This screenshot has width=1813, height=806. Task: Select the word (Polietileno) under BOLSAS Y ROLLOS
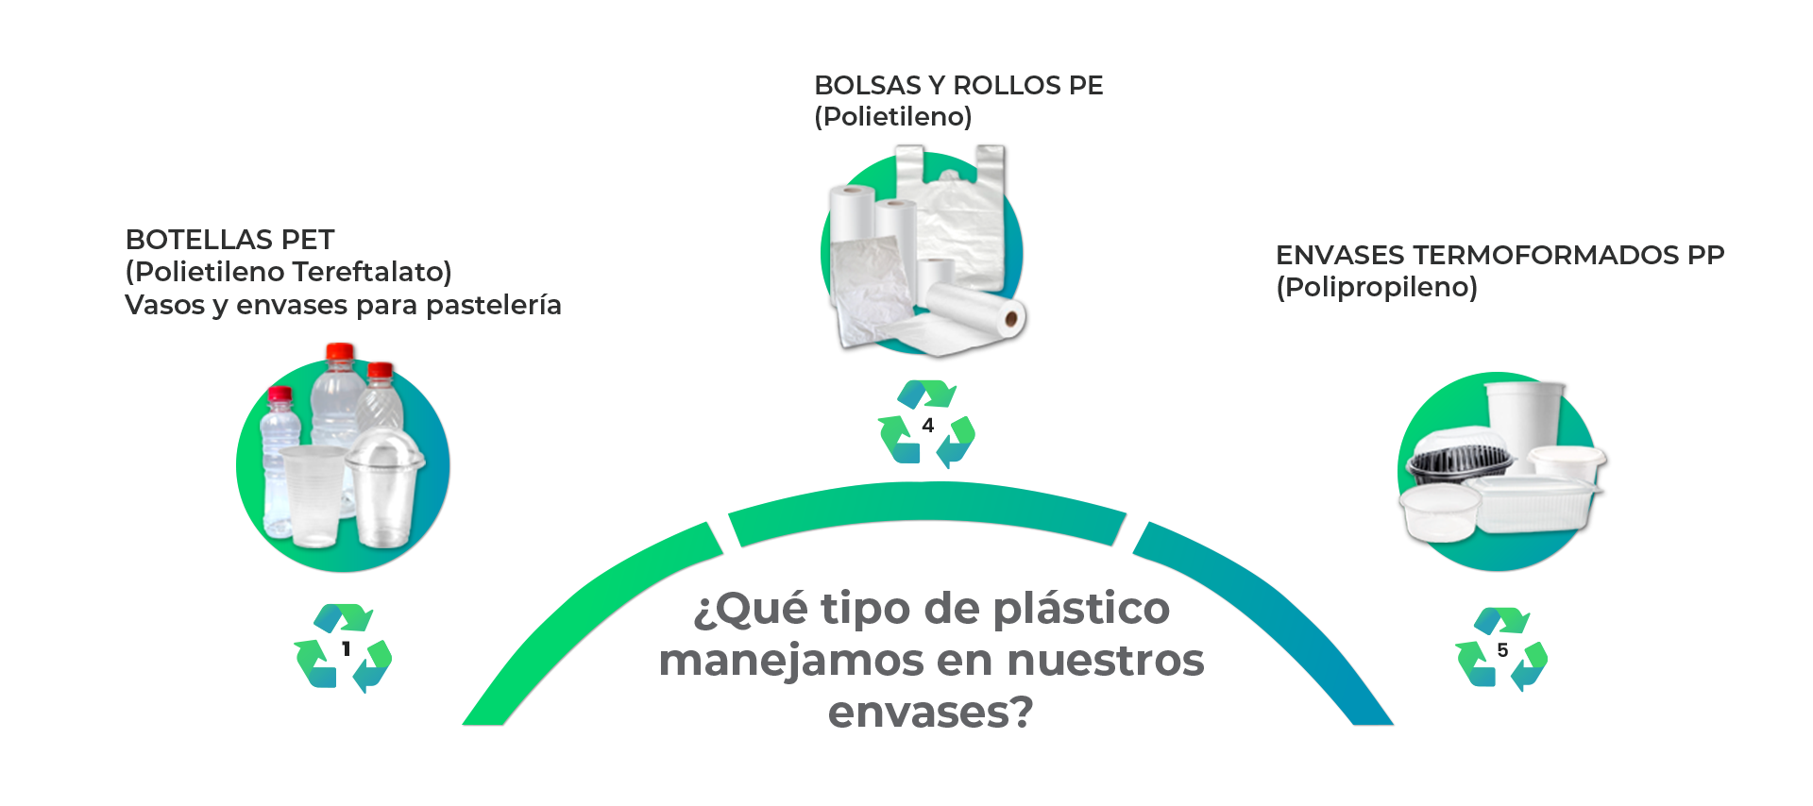click(893, 117)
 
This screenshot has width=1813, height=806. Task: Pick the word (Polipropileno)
click(1377, 287)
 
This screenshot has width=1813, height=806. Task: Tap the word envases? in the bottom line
click(931, 712)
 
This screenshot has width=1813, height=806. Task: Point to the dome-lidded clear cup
click(384, 488)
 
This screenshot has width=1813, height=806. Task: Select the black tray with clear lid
click(1459, 455)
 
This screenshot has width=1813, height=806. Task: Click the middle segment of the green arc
click(927, 512)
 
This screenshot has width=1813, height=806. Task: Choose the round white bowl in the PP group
click(1439, 512)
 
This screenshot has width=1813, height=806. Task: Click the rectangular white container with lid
click(1534, 503)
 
